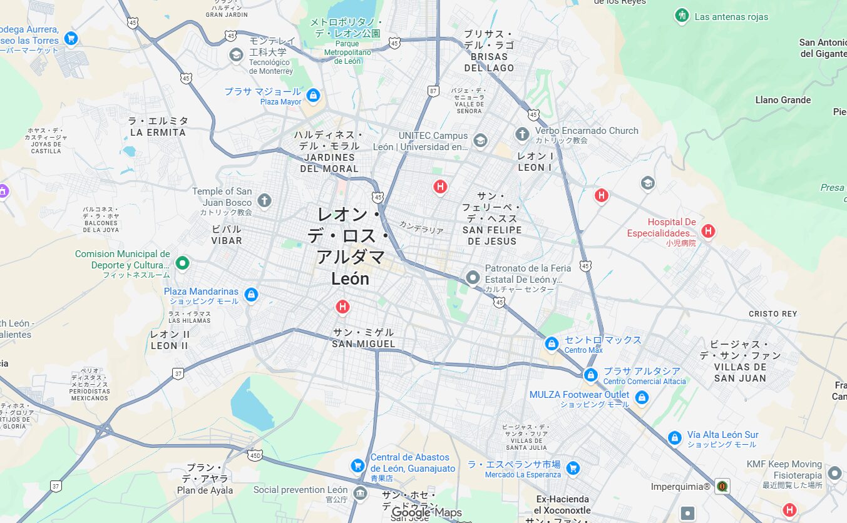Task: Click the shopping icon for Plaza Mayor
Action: [x=314, y=96]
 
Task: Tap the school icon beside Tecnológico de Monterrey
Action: [x=236, y=55]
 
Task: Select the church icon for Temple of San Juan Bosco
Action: [x=264, y=201]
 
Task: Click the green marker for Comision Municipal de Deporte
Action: [x=182, y=263]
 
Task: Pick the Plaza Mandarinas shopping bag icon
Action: [x=251, y=294]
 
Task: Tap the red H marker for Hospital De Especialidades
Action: [x=708, y=231]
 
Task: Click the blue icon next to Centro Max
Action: [x=552, y=343]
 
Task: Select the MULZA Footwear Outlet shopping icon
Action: [x=641, y=397]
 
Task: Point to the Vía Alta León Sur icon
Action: [x=674, y=438]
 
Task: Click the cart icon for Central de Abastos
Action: [x=357, y=465]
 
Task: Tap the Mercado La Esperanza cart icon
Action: [x=573, y=468]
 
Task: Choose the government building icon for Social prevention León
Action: [x=360, y=493]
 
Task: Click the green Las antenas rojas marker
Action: [x=682, y=16]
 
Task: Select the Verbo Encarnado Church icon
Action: [x=522, y=135]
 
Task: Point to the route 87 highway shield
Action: [x=433, y=91]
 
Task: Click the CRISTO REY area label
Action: [x=773, y=314]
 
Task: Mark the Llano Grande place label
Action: [x=783, y=100]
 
